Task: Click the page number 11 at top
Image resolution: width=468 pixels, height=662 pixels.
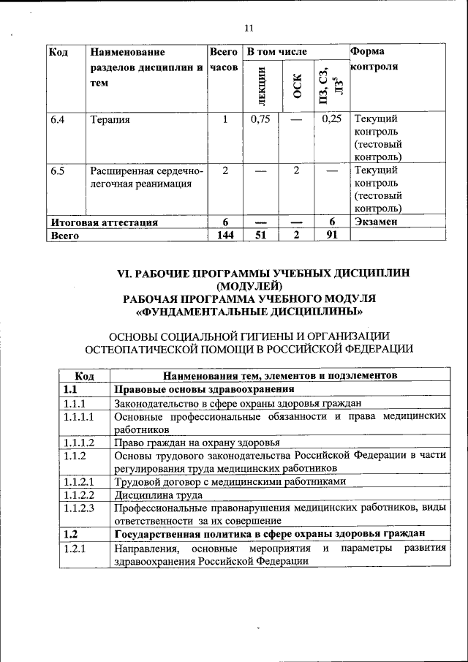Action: pyautogui.click(x=248, y=28)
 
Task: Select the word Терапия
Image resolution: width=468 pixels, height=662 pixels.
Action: pyautogui.click(x=110, y=119)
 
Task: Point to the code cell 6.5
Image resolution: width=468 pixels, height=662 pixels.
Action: pyautogui.click(x=58, y=170)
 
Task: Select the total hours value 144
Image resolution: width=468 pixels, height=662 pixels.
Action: pyautogui.click(x=224, y=236)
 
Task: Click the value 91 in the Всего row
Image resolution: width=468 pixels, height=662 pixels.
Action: pyautogui.click(x=331, y=236)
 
